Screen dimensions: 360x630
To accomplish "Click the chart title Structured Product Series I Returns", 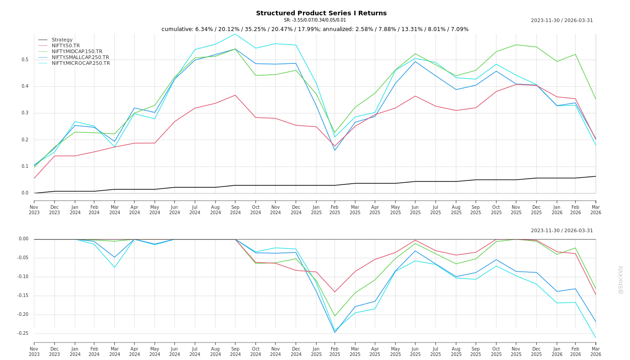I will click(x=321, y=13).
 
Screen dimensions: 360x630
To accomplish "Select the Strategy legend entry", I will click(x=62, y=40).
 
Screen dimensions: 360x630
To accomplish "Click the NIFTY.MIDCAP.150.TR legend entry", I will click(x=76, y=51).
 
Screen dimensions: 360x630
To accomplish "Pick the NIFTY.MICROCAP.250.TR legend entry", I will click(x=81, y=63).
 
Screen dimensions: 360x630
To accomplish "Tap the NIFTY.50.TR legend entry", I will click(x=65, y=45).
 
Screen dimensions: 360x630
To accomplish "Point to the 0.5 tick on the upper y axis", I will click(x=25, y=60).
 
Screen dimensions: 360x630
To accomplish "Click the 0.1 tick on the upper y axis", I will click(x=25, y=166).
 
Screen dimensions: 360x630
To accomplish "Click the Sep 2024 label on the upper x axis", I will click(x=235, y=210).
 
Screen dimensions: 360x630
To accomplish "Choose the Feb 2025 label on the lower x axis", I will click(x=335, y=351).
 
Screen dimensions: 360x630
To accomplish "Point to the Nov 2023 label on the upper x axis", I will click(x=34, y=210).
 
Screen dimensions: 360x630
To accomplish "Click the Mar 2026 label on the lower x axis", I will click(x=596, y=351).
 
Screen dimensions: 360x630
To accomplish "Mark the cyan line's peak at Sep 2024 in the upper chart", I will click(x=235, y=34).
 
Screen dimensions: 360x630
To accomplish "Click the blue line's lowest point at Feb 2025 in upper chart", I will click(x=335, y=150).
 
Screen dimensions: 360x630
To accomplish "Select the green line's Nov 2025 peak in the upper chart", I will click(x=516, y=45).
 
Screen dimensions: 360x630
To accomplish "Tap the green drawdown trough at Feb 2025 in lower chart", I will click(x=335, y=316).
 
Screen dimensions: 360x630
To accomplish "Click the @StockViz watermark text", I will click(x=621, y=279).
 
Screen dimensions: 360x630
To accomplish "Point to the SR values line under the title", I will click(x=315, y=20).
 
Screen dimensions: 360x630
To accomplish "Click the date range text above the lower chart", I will click(x=562, y=231).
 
